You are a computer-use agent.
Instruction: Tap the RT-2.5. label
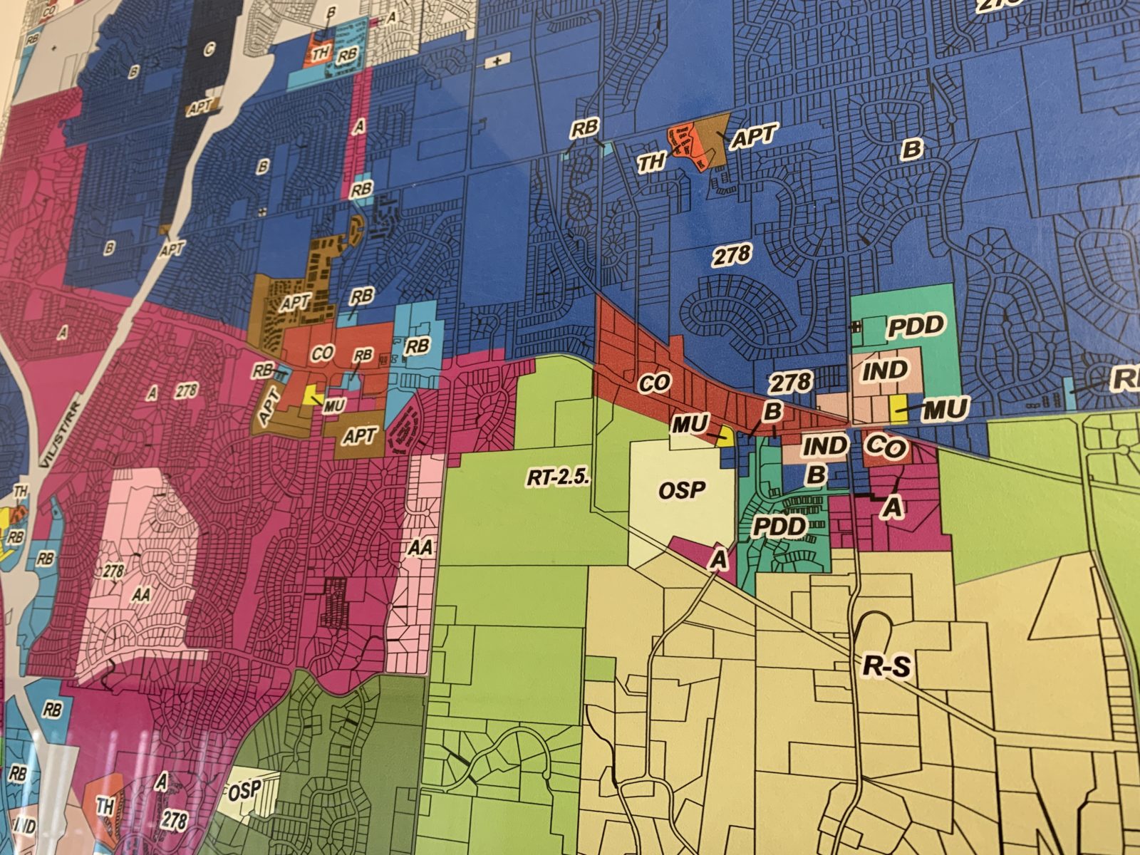coord(559,477)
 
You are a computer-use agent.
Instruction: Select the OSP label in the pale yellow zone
coord(682,489)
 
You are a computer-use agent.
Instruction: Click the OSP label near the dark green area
coord(242,791)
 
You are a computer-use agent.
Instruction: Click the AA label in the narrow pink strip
coord(421,547)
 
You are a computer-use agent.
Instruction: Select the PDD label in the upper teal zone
coord(915,326)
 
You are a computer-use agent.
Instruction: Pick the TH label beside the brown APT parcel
coord(651,162)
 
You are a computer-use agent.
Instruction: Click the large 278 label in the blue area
coord(731,254)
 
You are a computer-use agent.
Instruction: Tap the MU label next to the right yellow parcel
coord(945,409)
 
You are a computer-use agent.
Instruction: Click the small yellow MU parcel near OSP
coord(725,437)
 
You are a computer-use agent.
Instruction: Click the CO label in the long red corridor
coord(654,383)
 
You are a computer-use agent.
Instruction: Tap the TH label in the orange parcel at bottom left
coord(105,807)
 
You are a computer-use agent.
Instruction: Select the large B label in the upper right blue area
coord(911,150)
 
